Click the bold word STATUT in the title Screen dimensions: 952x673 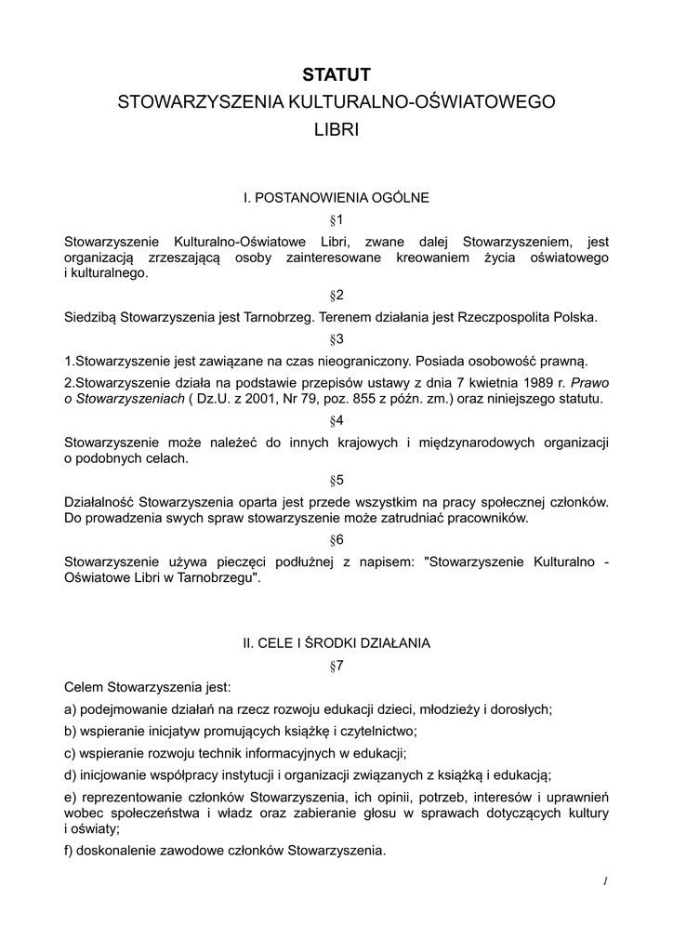point(336,74)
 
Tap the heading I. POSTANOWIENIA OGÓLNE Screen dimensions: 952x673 point(336,197)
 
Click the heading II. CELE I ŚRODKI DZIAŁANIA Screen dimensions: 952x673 point(336,642)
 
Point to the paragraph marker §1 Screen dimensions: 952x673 point(336,219)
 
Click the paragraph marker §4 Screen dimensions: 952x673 point(336,420)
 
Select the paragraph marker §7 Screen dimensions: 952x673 point(336,665)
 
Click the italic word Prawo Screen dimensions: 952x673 point(589,382)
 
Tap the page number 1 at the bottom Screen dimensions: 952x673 point(604,881)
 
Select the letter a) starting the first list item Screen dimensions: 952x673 point(71,709)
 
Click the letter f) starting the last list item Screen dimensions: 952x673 point(70,850)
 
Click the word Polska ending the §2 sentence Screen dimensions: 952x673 point(575,317)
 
